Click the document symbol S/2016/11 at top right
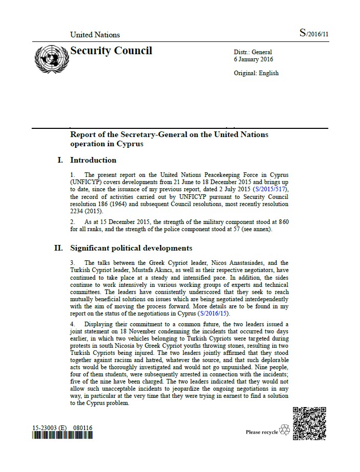(313, 33)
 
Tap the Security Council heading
(111, 51)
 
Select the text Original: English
(256, 73)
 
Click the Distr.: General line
(253, 52)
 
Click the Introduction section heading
(93, 160)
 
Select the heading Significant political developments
(131, 249)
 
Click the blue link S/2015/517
(263, 189)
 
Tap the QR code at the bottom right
(309, 423)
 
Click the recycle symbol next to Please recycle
(285, 432)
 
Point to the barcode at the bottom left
(62, 436)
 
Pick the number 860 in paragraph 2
(283, 221)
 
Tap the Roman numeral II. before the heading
(59, 249)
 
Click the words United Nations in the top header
(95, 35)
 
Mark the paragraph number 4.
(73, 324)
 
